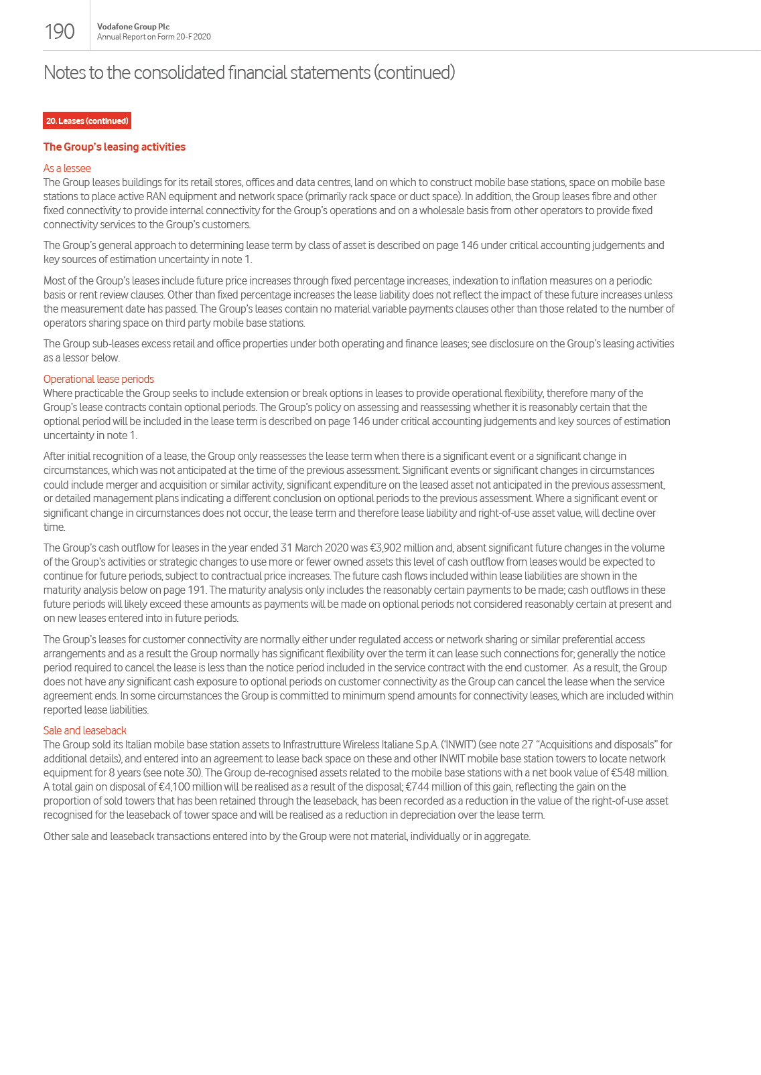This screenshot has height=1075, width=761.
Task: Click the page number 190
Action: [x=59, y=31]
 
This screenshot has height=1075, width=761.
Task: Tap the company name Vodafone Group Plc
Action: [x=133, y=27]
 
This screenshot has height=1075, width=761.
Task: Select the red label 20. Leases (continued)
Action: [x=87, y=121]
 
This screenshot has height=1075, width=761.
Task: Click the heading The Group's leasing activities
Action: [x=115, y=147]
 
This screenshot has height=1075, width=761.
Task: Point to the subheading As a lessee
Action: [x=67, y=169]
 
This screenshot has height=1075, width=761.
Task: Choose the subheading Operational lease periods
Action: [x=98, y=379]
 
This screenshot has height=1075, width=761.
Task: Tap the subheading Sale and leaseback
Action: [x=84, y=730]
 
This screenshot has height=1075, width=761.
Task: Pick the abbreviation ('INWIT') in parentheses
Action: [x=458, y=745]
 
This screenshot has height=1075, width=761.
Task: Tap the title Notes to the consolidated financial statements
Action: [x=249, y=72]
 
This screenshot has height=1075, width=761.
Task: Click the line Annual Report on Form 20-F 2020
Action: [x=153, y=37]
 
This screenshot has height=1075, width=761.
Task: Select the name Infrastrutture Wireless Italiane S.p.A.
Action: [x=360, y=745]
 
